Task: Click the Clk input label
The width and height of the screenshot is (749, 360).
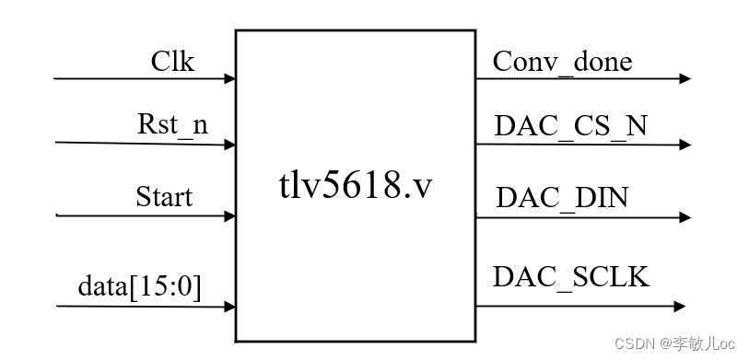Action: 173,62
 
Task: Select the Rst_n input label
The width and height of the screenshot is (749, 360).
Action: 172,127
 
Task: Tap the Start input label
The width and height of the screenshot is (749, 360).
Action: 164,197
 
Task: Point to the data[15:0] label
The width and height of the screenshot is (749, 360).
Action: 139,288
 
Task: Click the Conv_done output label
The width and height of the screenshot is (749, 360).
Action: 562,62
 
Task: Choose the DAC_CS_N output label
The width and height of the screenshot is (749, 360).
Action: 570,127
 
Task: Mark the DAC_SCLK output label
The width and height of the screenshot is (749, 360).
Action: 571,276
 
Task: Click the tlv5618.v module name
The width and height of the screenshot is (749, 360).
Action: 356,188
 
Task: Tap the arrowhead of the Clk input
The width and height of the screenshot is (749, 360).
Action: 229,79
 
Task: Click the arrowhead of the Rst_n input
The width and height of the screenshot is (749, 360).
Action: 229,145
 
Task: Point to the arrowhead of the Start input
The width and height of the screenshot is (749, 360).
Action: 229,217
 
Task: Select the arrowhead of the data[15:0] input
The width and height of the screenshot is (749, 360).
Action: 229,308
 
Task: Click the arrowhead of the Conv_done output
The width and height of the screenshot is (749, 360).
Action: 685,79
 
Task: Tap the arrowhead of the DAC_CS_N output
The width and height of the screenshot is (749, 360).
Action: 685,145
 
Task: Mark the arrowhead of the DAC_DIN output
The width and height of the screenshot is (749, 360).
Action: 685,218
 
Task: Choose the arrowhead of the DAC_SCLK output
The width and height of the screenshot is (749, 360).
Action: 679,306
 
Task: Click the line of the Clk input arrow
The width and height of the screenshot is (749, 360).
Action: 138,79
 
